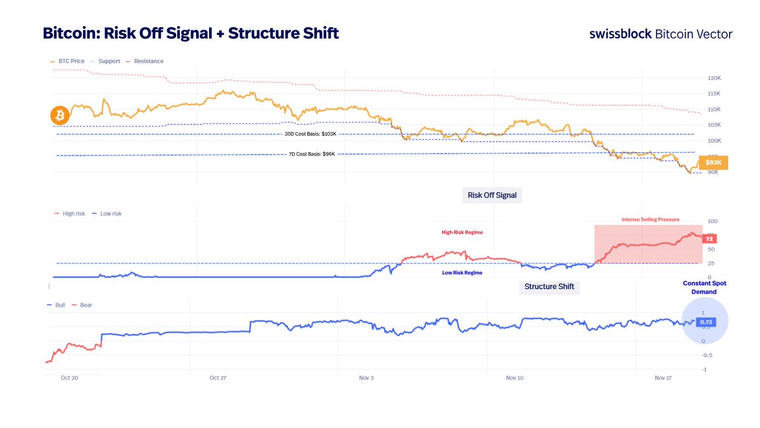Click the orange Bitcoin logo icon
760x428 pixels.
pyautogui.click(x=60, y=115)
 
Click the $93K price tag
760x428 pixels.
pyautogui.click(x=713, y=163)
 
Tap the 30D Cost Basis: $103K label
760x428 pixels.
pyautogui.click(x=310, y=134)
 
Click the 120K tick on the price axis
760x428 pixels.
pyautogui.click(x=714, y=79)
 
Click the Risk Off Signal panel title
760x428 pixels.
pyautogui.click(x=491, y=195)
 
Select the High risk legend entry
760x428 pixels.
pyautogui.click(x=70, y=214)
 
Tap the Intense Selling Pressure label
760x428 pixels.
pyautogui.click(x=650, y=219)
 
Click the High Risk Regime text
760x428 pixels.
pyautogui.click(x=462, y=233)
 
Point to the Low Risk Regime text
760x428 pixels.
pyautogui.click(x=462, y=273)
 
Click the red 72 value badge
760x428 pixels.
pyautogui.click(x=710, y=238)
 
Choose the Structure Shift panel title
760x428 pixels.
pyautogui.click(x=549, y=287)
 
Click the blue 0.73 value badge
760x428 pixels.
pyautogui.click(x=706, y=323)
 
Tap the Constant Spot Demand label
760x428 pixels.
pyautogui.click(x=704, y=287)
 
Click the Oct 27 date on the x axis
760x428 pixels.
pyautogui.click(x=218, y=378)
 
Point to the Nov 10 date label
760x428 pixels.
pyautogui.click(x=515, y=378)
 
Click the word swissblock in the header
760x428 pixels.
pyautogui.click(x=620, y=34)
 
